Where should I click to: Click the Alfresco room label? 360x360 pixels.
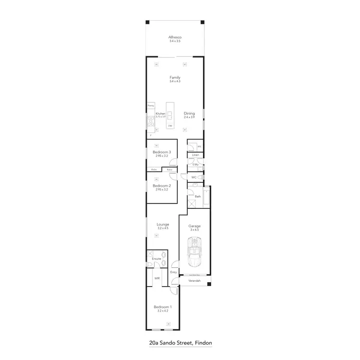[174, 37]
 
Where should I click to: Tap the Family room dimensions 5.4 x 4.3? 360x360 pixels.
[174, 81]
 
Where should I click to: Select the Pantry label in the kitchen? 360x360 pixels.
[150, 105]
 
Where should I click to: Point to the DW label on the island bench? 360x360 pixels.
[170, 125]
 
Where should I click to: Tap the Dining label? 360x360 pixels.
[189, 113]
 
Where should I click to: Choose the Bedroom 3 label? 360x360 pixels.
[162, 152]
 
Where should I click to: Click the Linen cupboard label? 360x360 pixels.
[195, 156]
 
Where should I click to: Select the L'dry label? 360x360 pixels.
[195, 165]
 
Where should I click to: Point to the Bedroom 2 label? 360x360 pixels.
[162, 186]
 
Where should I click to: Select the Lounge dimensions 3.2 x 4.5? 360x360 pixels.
[163, 228]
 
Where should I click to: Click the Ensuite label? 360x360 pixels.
[156, 259]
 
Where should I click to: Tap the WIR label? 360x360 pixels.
[157, 278]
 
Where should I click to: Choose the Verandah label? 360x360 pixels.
[194, 281]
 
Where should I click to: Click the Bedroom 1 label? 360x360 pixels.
[163, 307]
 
